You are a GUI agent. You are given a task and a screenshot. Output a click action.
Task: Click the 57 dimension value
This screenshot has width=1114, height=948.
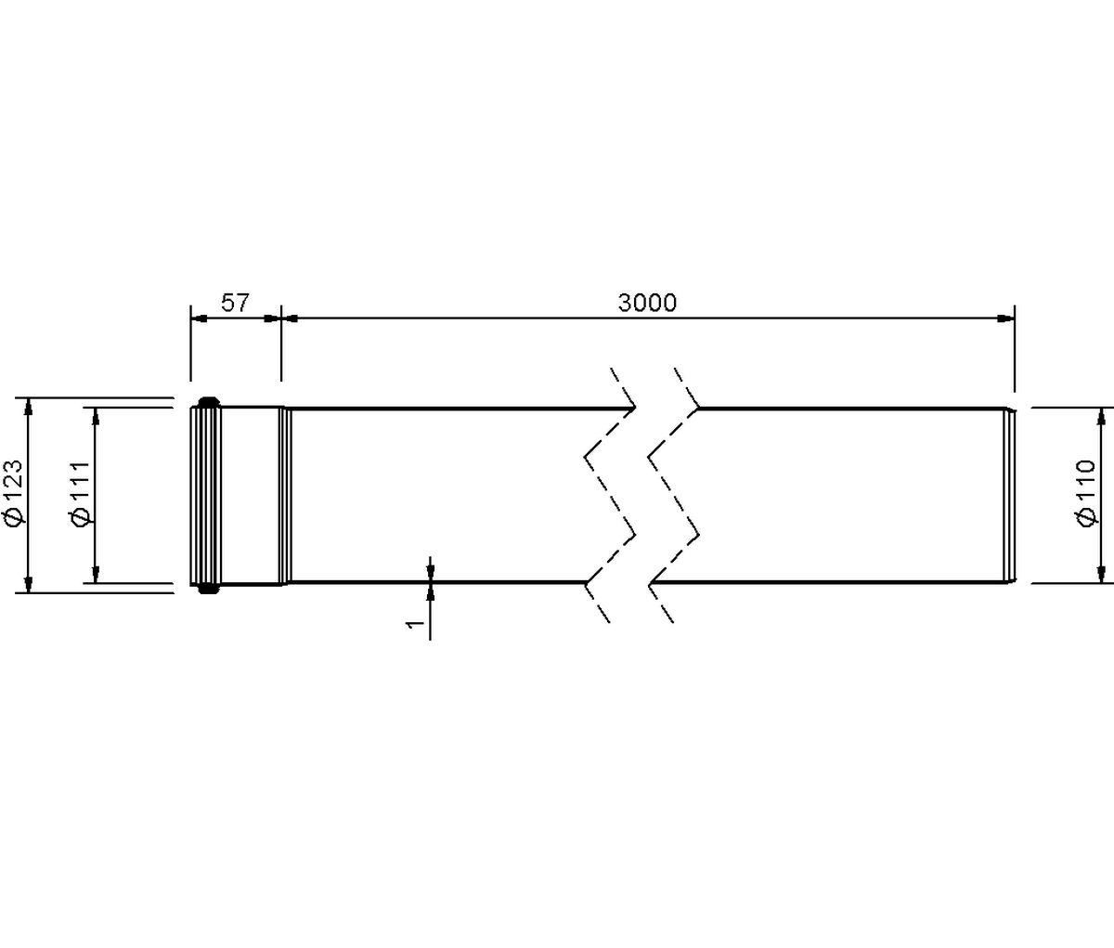tap(236, 303)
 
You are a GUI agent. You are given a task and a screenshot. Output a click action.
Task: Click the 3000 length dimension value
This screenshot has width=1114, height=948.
tap(647, 303)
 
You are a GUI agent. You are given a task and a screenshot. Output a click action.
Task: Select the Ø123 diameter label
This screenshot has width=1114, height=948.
tap(13, 492)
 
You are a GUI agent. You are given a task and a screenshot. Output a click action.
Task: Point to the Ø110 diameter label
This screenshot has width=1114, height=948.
tap(1085, 493)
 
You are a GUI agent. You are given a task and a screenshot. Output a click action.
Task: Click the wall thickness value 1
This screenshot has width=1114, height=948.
tap(415, 624)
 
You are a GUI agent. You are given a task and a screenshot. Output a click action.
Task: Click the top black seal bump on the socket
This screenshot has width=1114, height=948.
tap(209, 402)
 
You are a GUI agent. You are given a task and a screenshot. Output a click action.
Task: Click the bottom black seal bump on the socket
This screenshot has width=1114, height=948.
tap(209, 589)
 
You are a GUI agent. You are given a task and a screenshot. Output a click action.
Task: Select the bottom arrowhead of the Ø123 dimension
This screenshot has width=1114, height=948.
tap(29, 584)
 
